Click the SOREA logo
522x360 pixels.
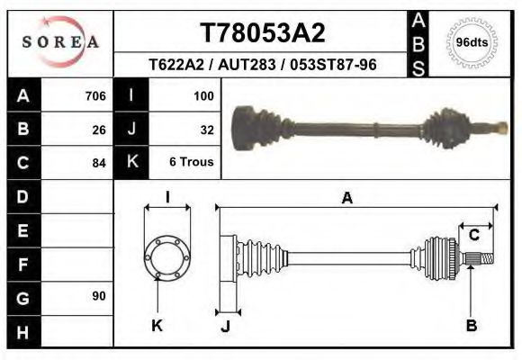pyautogui.click(x=60, y=41)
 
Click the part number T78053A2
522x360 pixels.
pyautogui.click(x=262, y=33)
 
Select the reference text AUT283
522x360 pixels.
pyautogui.click(x=262, y=65)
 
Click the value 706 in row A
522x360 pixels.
pyautogui.click(x=94, y=95)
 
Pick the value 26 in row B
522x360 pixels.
pyautogui.click(x=98, y=129)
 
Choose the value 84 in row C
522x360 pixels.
pyautogui.click(x=98, y=163)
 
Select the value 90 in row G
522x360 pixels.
pyautogui.click(x=98, y=296)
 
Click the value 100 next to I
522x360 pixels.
pyautogui.click(x=202, y=95)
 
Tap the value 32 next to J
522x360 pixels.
pyautogui.click(x=206, y=129)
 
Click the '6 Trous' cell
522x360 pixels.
pyautogui.click(x=192, y=163)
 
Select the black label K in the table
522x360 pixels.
pyautogui.click(x=131, y=162)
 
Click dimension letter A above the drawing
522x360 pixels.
pyautogui.click(x=346, y=199)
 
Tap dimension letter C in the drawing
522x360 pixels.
pyautogui.click(x=473, y=236)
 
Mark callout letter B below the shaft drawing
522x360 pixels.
pyautogui.click(x=471, y=325)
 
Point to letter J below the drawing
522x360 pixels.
pyautogui.click(x=226, y=326)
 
